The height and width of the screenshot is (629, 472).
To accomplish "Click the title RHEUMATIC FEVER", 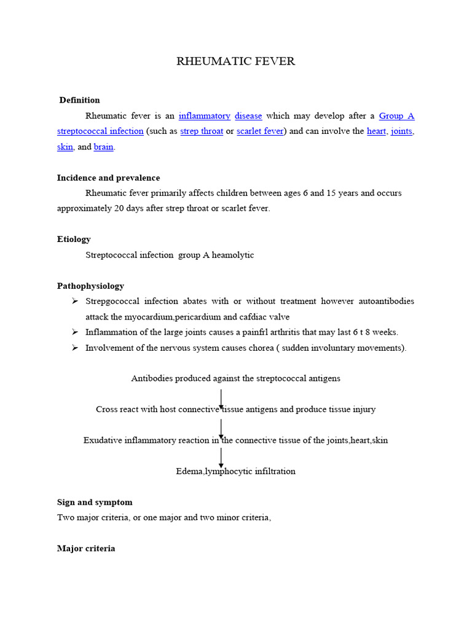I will click(x=236, y=61).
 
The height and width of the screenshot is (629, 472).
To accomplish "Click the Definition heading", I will click(x=79, y=100).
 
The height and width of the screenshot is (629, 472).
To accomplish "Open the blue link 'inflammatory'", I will click(x=204, y=115).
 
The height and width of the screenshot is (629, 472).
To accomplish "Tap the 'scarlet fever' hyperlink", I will click(x=259, y=131).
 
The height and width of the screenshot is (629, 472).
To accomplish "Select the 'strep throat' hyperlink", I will click(x=202, y=131).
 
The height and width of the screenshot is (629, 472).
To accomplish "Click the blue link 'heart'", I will click(x=376, y=131).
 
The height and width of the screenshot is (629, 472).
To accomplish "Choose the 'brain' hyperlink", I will click(x=103, y=147).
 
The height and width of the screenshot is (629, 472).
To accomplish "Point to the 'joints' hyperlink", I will click(x=401, y=131).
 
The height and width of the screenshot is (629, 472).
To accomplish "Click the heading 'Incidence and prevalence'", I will click(x=108, y=178).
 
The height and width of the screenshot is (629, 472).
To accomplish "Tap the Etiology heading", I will click(x=74, y=239).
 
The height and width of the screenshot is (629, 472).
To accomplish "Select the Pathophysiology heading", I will click(x=90, y=286).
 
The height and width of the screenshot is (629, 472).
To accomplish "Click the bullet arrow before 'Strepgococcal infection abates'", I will click(x=75, y=302).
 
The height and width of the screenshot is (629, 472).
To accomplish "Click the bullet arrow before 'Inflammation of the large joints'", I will click(x=75, y=332).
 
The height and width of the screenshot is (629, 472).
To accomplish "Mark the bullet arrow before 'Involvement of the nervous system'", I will click(x=75, y=348).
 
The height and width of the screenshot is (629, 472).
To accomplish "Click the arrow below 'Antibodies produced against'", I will click(x=221, y=399).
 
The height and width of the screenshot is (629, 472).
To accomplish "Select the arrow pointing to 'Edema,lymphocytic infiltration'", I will click(x=221, y=458).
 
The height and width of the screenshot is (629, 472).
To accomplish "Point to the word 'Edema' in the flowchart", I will click(x=189, y=472).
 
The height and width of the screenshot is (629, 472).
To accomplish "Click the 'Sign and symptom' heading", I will click(x=94, y=502).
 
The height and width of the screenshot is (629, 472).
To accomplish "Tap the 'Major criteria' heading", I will click(x=86, y=549).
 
